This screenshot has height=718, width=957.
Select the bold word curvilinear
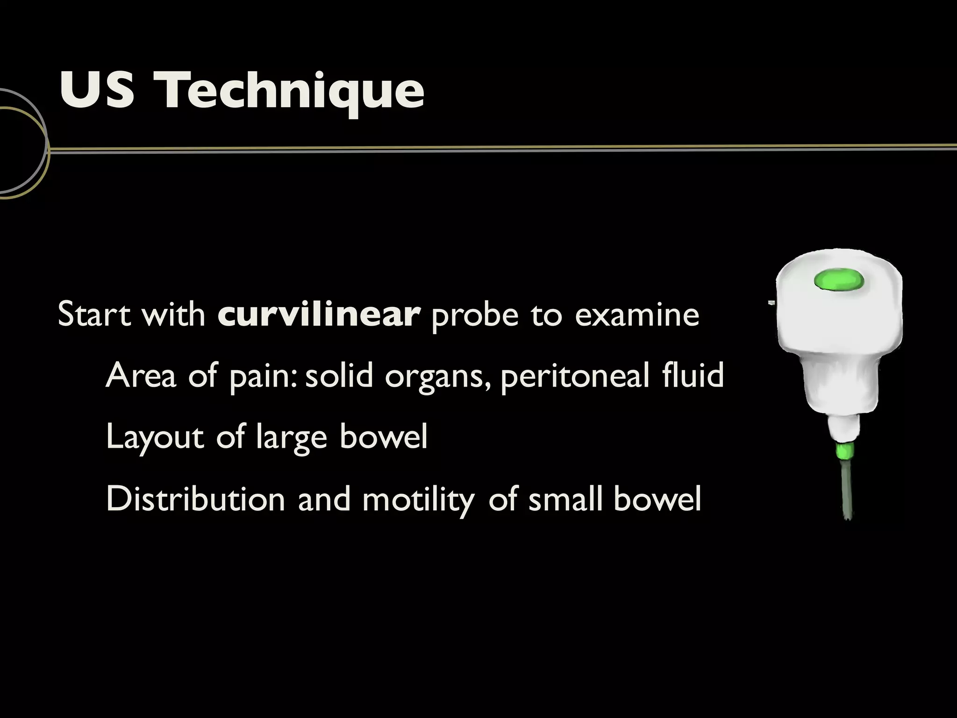point(319,314)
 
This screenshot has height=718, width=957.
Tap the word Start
point(94,314)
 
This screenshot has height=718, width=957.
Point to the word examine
point(637,314)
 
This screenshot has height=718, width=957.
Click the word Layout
point(155,437)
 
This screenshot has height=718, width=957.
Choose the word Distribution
point(196,499)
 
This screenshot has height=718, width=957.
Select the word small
point(565,499)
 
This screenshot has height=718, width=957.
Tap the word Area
point(141,375)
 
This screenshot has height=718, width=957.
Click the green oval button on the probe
point(839,280)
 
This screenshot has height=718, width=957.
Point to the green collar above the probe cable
point(844,451)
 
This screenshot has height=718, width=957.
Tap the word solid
point(339,375)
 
